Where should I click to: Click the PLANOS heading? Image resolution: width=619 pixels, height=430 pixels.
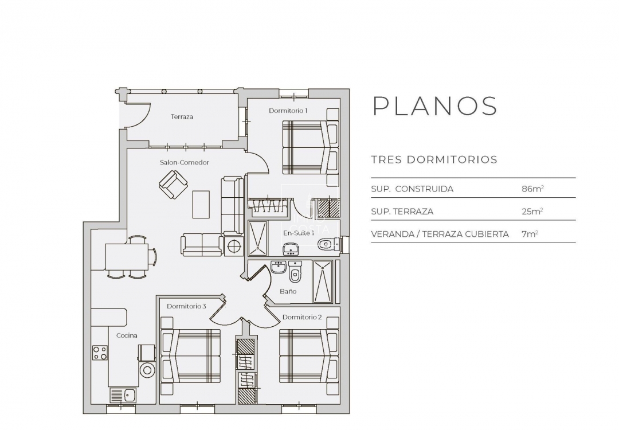(x=434, y=106)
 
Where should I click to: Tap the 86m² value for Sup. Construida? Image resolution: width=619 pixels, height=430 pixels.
(x=528, y=189)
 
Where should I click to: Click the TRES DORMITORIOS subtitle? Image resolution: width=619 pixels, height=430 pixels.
(x=434, y=159)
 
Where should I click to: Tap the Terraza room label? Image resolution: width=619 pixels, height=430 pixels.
(x=182, y=116)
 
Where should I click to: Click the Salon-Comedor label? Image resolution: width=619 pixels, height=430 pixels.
(x=184, y=162)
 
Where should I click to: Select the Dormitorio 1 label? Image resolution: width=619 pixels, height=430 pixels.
(x=288, y=111)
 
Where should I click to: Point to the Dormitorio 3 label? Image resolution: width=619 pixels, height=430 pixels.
(x=186, y=306)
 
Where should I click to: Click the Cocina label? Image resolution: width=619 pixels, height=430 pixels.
(x=127, y=335)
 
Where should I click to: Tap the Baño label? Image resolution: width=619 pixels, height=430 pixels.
(x=288, y=291)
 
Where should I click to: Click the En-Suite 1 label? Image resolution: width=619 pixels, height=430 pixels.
(x=299, y=233)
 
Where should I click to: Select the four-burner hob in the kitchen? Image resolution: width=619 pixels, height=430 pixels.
(x=100, y=352)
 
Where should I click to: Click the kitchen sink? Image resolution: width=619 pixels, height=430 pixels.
(x=123, y=394)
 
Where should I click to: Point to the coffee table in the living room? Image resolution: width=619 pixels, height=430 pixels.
(x=201, y=204)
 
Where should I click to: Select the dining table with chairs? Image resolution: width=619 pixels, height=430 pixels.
(x=127, y=256)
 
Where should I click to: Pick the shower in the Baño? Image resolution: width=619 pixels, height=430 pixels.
(x=322, y=282)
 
